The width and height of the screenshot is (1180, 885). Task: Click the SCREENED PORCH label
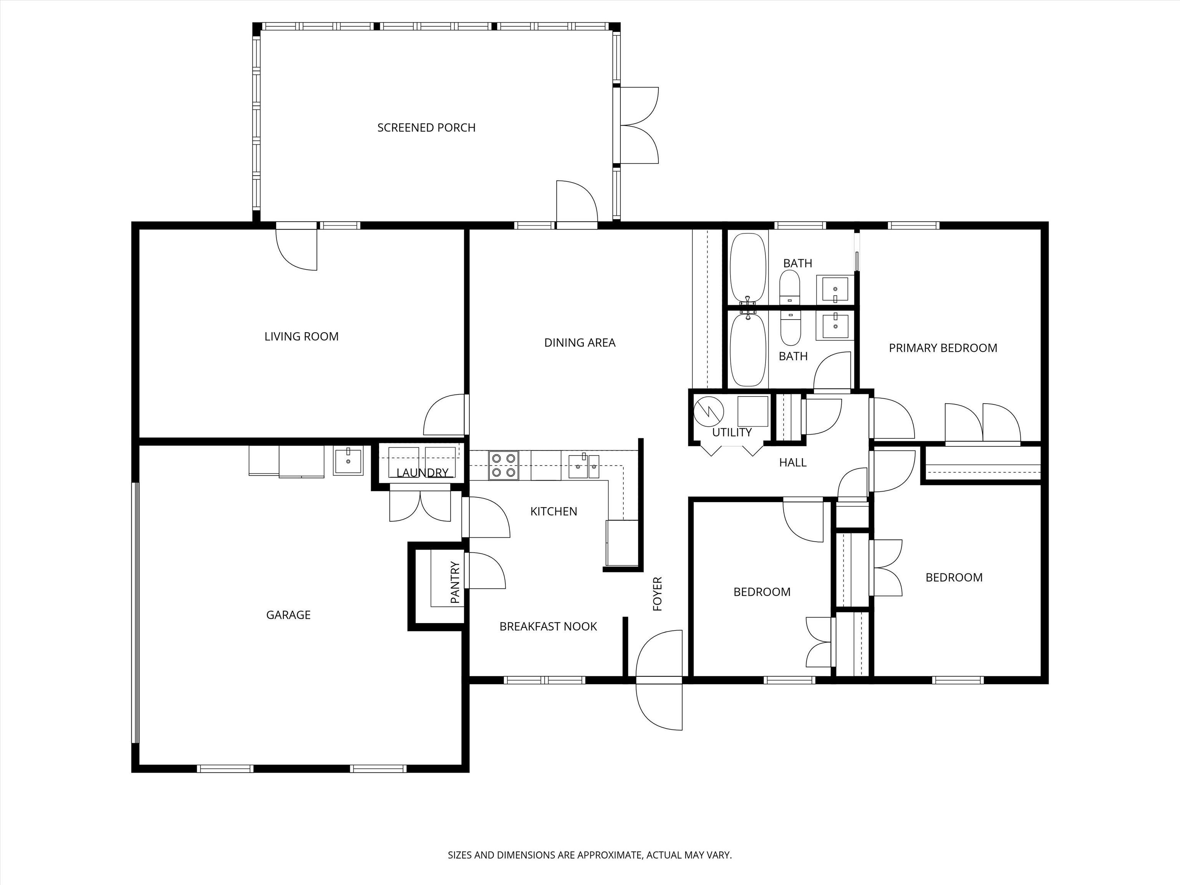(x=426, y=128)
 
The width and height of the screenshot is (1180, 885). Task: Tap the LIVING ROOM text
(x=302, y=336)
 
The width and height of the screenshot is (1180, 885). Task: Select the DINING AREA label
(x=580, y=343)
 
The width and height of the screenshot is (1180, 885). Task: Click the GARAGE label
(x=288, y=615)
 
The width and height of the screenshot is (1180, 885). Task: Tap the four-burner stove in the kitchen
(x=504, y=465)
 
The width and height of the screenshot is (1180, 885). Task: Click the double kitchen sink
(x=583, y=466)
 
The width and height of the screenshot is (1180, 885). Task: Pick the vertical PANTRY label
(x=455, y=583)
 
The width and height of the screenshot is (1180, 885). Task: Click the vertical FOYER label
(x=657, y=594)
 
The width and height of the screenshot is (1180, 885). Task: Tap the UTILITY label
(x=732, y=433)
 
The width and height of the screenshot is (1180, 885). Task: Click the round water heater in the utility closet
(x=708, y=411)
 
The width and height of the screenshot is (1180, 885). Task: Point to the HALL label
(x=793, y=462)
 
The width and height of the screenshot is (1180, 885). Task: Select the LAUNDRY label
(x=423, y=472)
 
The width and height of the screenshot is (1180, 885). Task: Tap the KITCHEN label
(x=554, y=512)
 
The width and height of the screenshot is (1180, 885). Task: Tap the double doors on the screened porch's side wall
(x=639, y=125)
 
